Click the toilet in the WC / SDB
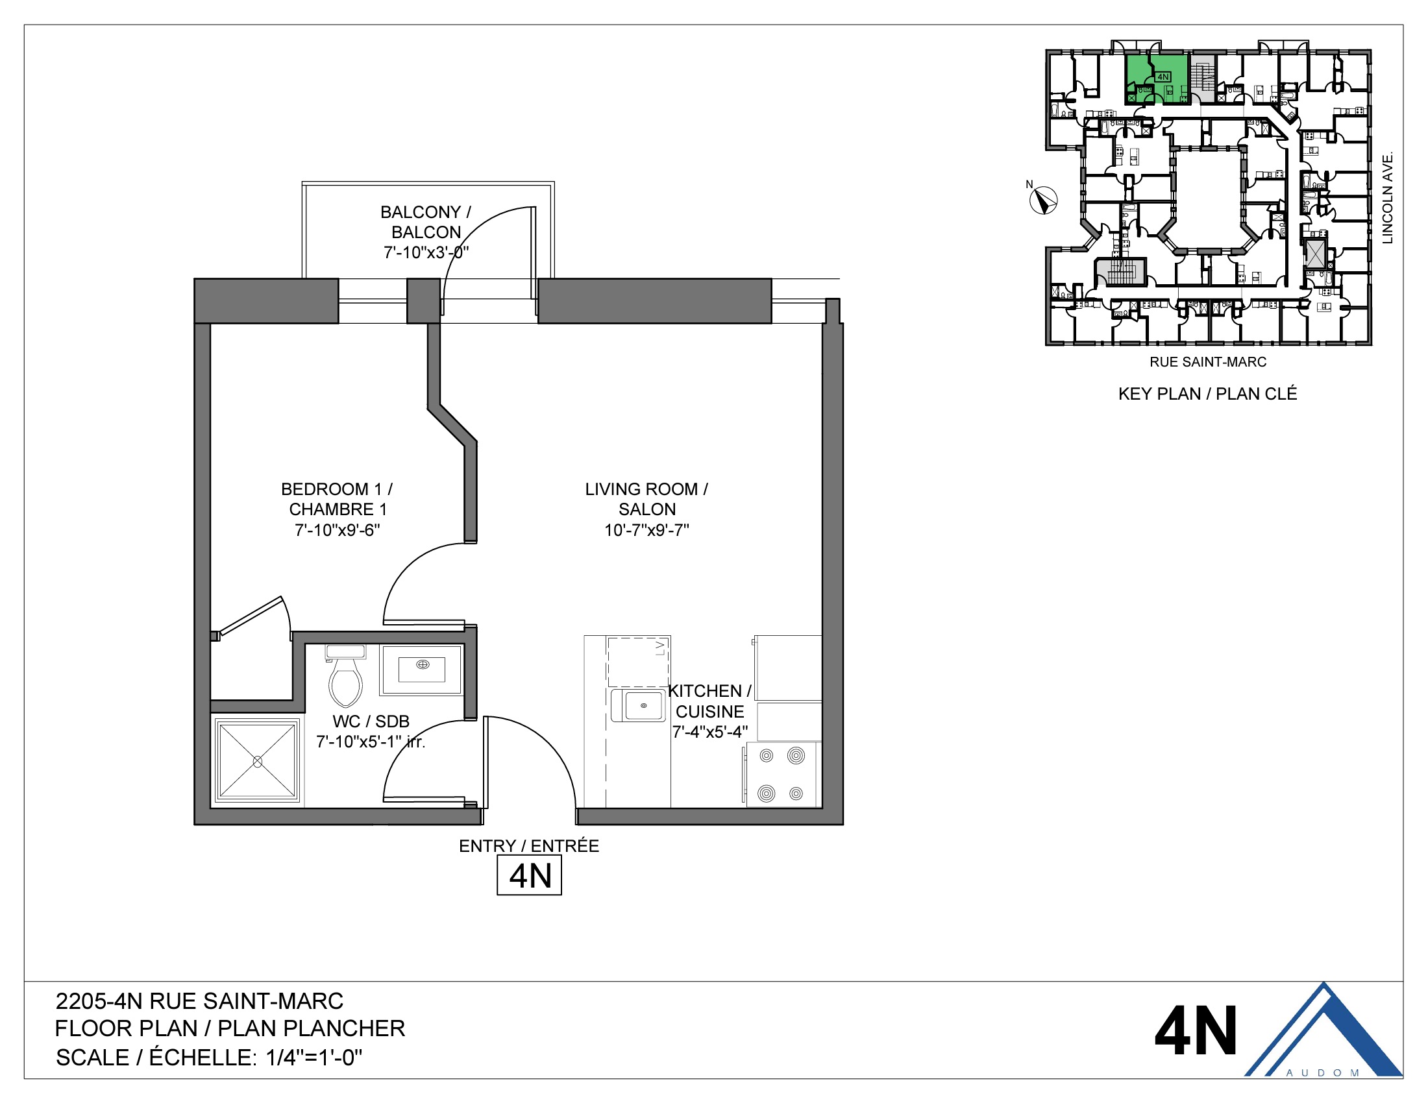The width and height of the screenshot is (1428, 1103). click(345, 679)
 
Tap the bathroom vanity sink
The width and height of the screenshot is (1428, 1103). click(423, 670)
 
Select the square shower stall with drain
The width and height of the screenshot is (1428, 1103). click(258, 761)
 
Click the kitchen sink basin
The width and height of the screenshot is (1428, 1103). click(643, 706)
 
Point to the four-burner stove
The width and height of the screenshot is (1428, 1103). click(782, 774)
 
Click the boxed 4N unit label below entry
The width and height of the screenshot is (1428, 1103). click(529, 877)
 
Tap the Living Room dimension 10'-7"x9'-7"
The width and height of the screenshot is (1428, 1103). click(646, 530)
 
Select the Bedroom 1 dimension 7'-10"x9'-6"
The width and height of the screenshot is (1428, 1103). click(337, 530)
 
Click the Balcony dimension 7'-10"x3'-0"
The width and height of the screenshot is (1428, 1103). click(426, 252)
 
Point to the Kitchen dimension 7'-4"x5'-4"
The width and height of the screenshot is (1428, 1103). click(710, 732)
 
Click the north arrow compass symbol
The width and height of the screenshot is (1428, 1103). click(1043, 200)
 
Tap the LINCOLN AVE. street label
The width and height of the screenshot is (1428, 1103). click(1388, 198)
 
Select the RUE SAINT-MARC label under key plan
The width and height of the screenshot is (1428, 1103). click(1208, 362)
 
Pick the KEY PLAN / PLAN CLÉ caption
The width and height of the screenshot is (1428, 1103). click(1207, 394)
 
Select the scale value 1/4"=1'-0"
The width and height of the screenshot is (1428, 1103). click(314, 1058)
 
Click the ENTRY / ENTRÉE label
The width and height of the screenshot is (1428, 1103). click(528, 846)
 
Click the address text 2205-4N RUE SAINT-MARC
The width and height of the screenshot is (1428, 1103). click(199, 1001)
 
